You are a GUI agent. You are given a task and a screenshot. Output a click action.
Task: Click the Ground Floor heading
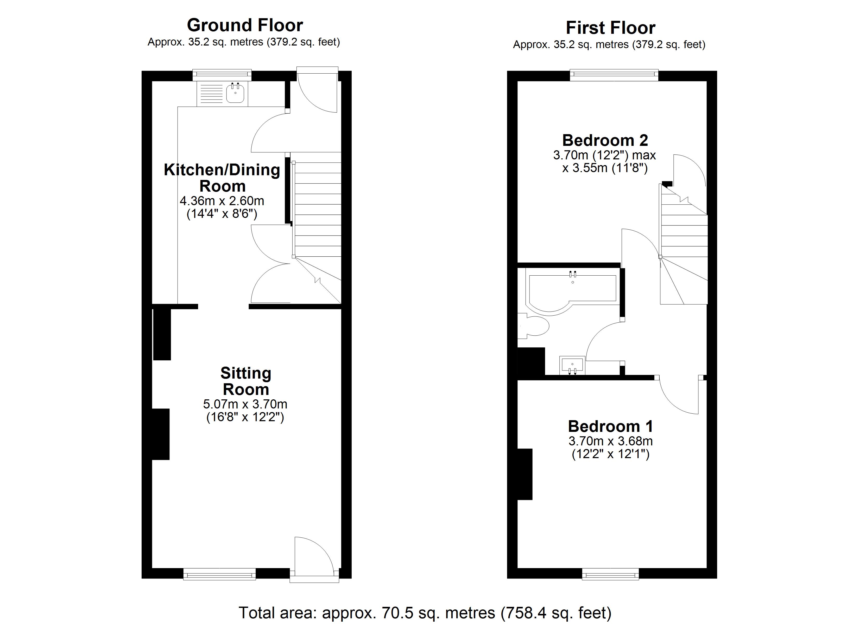pos(245,25)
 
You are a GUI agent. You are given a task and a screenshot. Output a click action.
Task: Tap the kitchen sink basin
pos(235,93)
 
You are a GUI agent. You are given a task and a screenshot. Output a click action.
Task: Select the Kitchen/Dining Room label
pos(222,178)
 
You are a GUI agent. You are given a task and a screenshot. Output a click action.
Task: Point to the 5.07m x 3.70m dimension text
pos(245,404)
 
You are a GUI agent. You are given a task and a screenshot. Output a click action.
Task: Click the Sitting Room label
pos(246,381)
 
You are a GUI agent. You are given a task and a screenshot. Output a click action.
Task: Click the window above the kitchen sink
pos(222,75)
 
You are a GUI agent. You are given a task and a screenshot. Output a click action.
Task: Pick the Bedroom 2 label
pos(605,140)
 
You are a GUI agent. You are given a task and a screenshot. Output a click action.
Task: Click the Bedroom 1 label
pos(610,426)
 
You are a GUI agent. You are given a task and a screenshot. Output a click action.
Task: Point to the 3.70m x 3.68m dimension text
pos(610,441)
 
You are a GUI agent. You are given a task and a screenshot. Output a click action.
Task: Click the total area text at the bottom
pos(425,612)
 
